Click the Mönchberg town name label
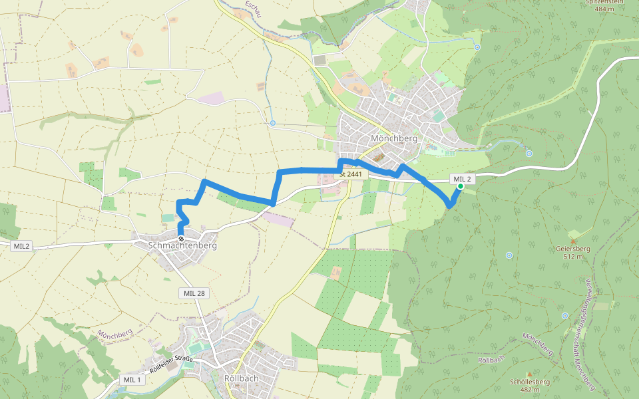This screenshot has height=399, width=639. click(393, 139)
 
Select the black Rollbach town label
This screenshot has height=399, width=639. click(241, 378)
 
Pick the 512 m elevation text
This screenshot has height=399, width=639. click(572, 256)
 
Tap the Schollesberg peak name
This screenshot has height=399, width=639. click(529, 382)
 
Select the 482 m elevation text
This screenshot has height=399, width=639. click(529, 390)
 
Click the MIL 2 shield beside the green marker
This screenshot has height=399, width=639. click(463, 179)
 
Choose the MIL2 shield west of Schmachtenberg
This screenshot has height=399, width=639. click(21, 246)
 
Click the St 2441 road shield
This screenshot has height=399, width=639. click(351, 174)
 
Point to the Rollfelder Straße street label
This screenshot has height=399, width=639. click(171, 364)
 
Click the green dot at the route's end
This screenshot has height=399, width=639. click(460, 187)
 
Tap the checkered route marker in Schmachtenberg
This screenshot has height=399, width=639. click(181, 237)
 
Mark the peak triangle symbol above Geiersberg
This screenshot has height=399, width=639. click(573, 240)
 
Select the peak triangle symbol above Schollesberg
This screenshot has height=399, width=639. click(529, 374)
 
